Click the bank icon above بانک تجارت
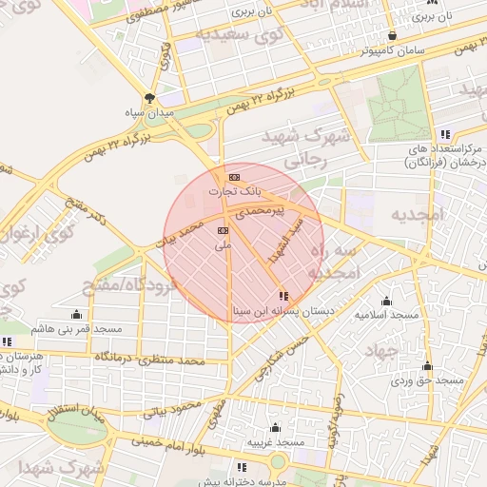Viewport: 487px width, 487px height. point(234,177)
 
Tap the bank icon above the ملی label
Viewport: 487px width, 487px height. point(223,230)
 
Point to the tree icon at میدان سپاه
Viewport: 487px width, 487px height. point(149,97)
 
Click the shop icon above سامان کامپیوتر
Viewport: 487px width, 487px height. point(392,35)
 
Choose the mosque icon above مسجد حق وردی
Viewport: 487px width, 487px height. point(427,366)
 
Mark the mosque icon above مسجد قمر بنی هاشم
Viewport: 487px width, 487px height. point(76,314)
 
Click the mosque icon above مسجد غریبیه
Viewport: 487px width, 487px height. point(276,428)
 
